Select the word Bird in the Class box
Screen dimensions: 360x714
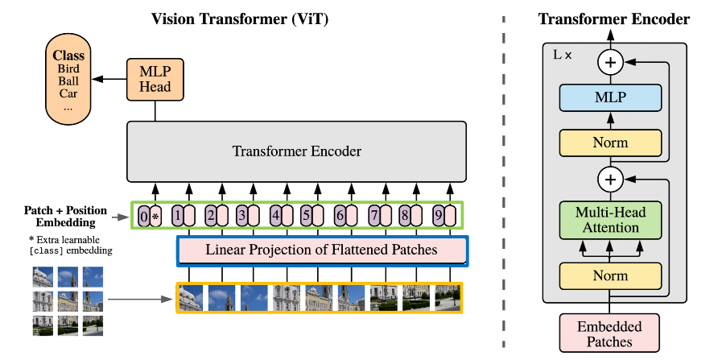coord(68,69)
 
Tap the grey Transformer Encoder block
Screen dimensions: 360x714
coord(296,151)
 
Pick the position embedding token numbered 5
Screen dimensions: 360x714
coord(306,216)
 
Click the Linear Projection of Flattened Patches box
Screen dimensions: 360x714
coord(321,250)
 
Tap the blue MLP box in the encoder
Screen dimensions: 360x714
coord(609,97)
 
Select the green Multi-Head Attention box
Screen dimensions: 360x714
coord(609,220)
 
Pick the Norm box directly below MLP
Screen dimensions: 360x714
coord(609,143)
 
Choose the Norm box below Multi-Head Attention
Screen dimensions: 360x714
coord(609,275)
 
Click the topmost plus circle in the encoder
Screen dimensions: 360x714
coord(609,63)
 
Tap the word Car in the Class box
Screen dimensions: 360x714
coord(68,93)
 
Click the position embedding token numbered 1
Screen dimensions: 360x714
coord(177,216)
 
